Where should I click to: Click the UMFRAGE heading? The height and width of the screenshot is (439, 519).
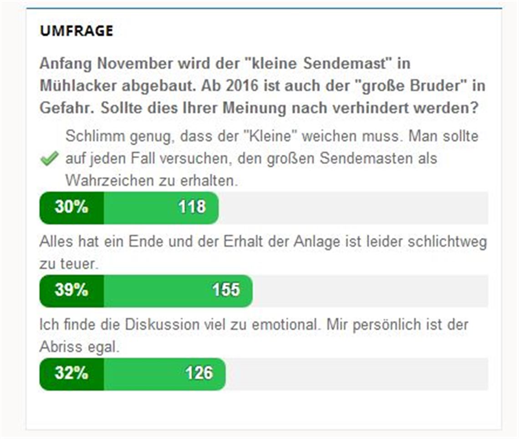coord(76,31)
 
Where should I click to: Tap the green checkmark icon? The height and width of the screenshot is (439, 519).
coord(49,159)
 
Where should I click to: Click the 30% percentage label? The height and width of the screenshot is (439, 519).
coord(71,207)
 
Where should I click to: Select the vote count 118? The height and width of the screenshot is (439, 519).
coord(192,207)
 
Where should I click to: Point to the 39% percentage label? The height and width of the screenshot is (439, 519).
coord(71,290)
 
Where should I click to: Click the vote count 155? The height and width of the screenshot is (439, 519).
coord(226,290)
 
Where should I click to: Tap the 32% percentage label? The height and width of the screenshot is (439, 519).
coord(71,373)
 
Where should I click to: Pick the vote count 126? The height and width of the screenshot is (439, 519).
coord(199,373)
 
